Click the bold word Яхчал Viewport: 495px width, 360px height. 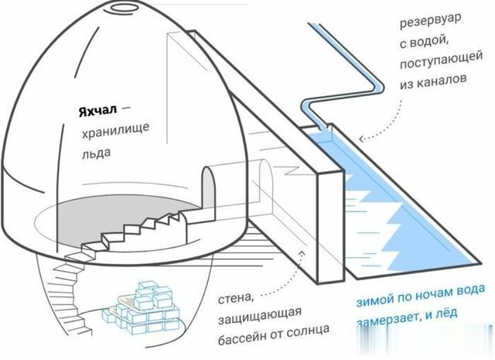[97, 111]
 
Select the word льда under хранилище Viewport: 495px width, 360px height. [97, 153]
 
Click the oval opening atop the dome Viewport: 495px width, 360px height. [122, 9]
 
